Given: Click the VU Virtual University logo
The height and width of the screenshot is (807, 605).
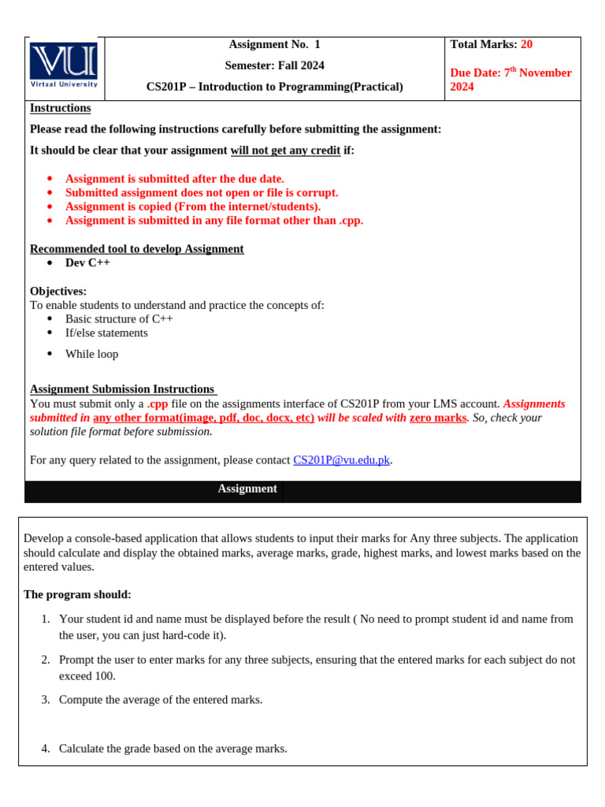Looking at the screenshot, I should pyautogui.click(x=64, y=65).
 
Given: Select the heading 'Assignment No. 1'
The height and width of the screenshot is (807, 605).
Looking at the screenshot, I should pyautogui.click(x=274, y=44).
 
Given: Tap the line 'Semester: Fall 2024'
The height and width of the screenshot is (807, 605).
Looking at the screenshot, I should pyautogui.click(x=274, y=65).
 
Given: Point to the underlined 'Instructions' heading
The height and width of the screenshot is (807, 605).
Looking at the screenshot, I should pyautogui.click(x=60, y=108).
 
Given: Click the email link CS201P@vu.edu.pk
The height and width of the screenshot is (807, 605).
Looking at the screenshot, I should pyautogui.click(x=341, y=460).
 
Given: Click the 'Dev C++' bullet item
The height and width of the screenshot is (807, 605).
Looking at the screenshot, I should pyautogui.click(x=87, y=263).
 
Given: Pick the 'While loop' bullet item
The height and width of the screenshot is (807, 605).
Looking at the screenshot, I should pyautogui.click(x=91, y=355).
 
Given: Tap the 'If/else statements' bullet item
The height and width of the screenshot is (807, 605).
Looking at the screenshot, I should pyautogui.click(x=106, y=333).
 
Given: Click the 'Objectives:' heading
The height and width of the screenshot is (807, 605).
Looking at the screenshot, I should pyautogui.click(x=58, y=292).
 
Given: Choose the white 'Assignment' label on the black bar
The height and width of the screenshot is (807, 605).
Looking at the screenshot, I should pyautogui.click(x=247, y=489).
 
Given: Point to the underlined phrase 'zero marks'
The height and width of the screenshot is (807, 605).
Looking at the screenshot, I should pyautogui.click(x=438, y=418).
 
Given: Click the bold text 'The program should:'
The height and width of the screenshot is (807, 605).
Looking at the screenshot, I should pyautogui.click(x=77, y=594).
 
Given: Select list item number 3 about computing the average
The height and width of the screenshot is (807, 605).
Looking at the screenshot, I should pyautogui.click(x=161, y=700).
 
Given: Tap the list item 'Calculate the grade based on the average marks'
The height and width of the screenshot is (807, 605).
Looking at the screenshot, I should pyautogui.click(x=173, y=749).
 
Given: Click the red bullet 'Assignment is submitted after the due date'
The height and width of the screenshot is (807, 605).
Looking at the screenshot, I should pyautogui.click(x=174, y=179).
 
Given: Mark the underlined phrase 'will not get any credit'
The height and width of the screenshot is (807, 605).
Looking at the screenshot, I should pyautogui.click(x=285, y=151).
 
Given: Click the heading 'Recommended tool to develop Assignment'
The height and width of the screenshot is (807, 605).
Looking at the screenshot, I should pyautogui.click(x=137, y=249).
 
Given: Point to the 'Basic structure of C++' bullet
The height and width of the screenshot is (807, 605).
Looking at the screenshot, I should pyautogui.click(x=119, y=319).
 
